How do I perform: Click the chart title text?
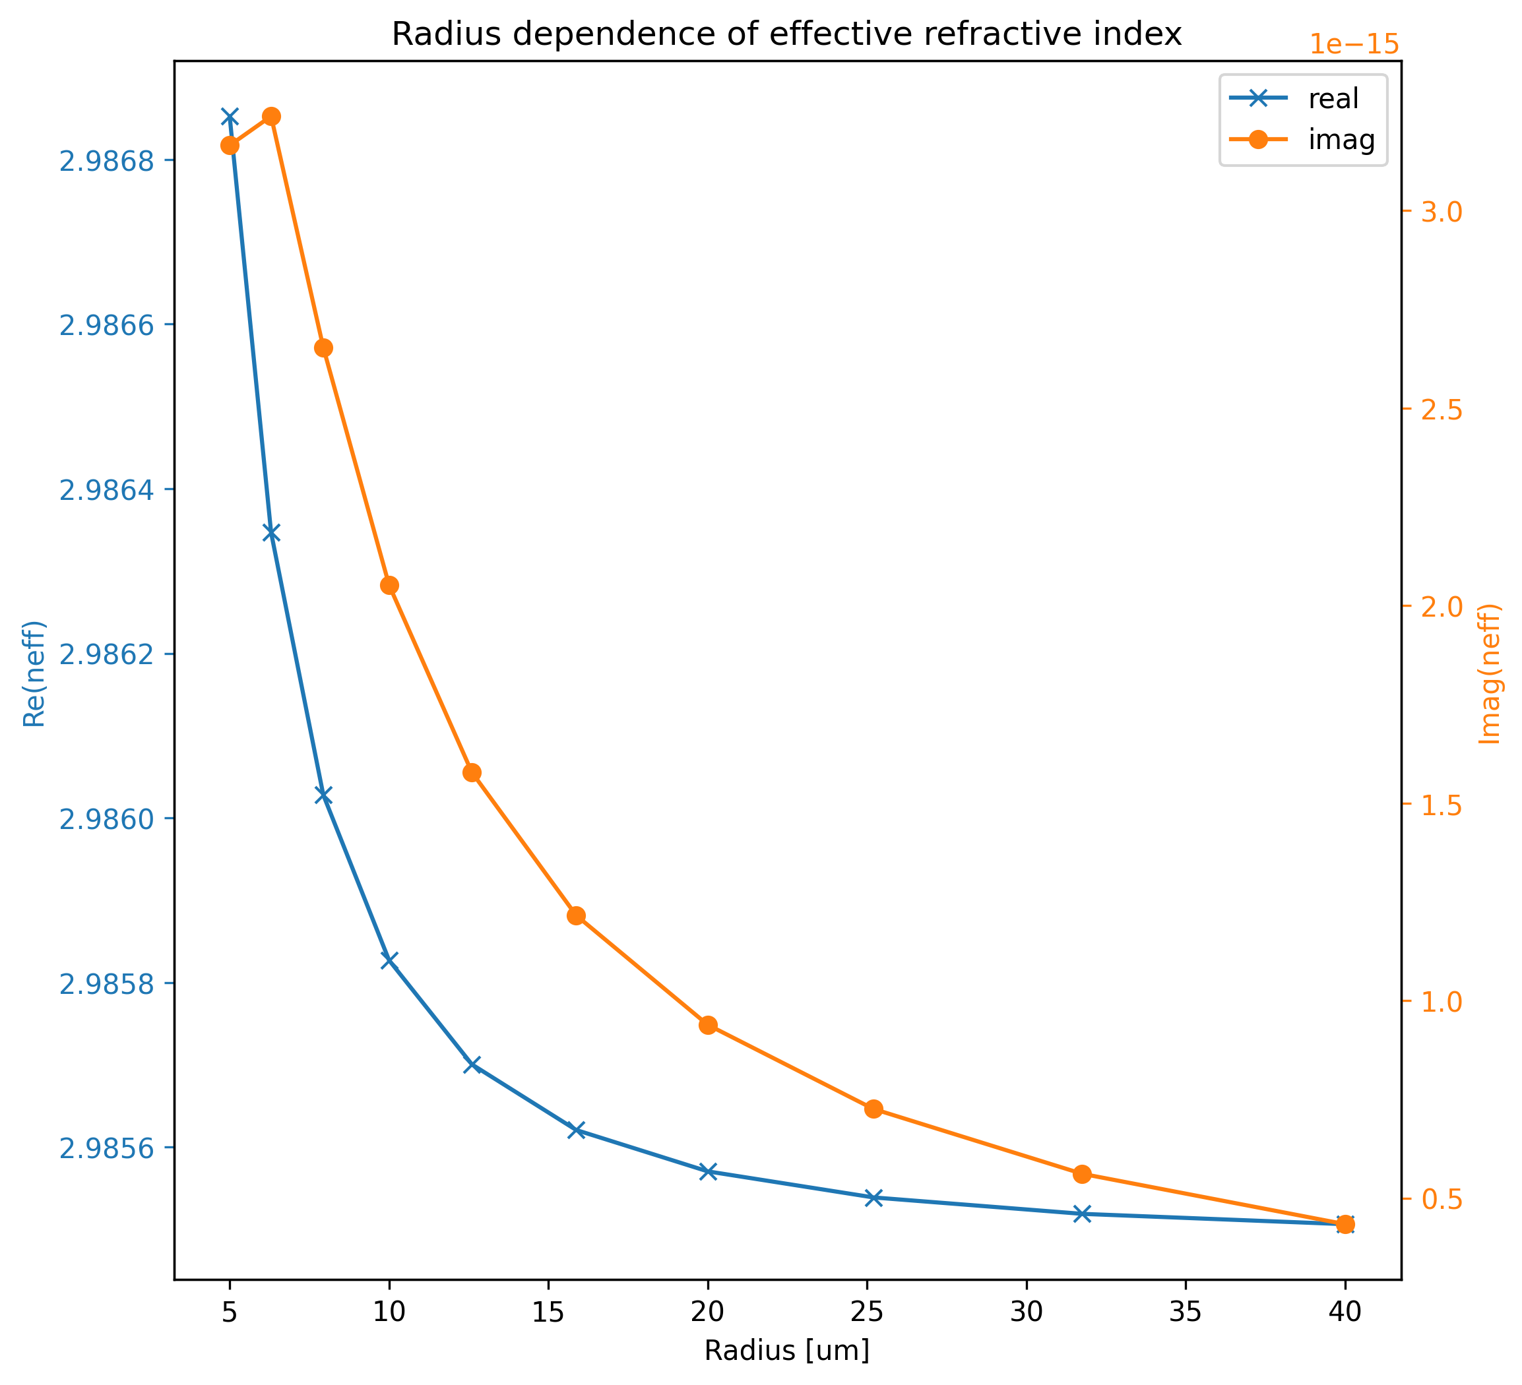786,35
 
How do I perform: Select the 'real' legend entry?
1333,99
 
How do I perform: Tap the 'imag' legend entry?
1341,140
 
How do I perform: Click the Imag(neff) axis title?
1490,673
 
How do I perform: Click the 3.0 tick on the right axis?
1442,212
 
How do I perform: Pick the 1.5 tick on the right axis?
1442,805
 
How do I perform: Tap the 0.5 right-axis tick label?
1442,1199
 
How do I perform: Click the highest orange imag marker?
272,116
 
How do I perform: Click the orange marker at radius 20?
707,1025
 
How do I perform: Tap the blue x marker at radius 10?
389,960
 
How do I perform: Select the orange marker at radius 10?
389,586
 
